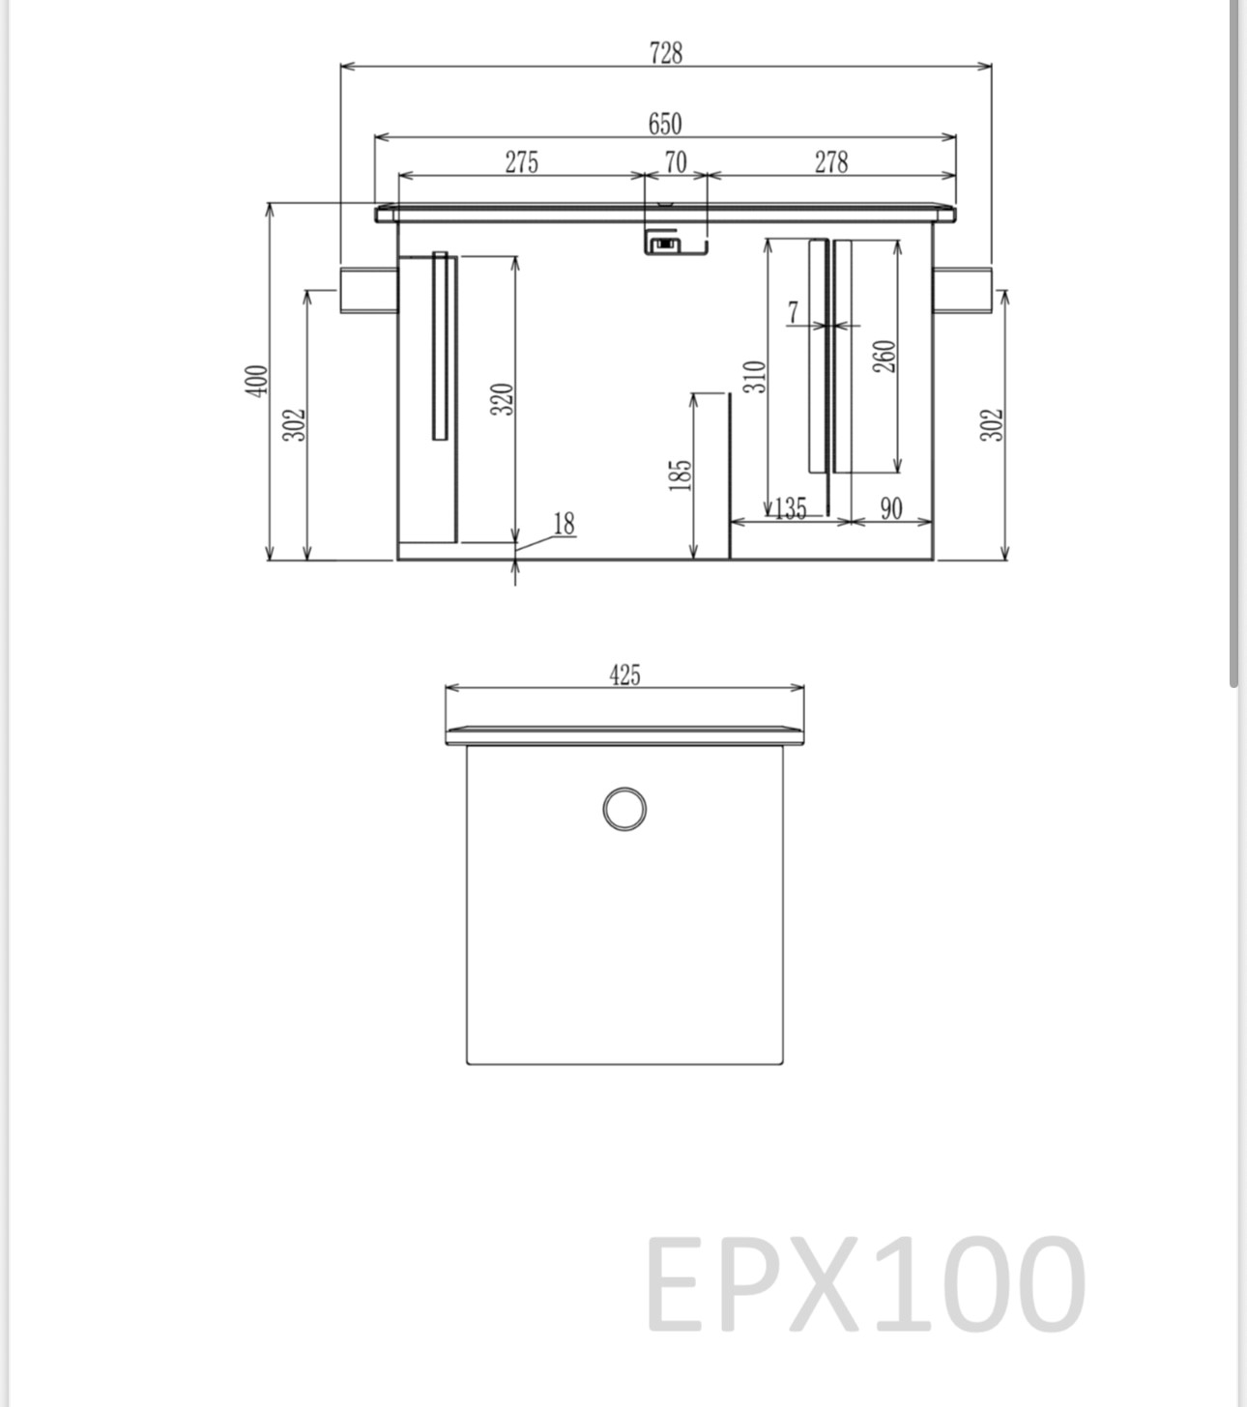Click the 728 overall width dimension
(666, 53)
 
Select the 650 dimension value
(665, 125)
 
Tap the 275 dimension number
(521, 162)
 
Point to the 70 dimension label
(676, 162)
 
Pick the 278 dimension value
(831, 162)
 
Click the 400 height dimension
(256, 380)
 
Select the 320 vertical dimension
(502, 398)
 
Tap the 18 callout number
(564, 524)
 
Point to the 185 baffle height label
(681, 474)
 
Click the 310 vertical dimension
(755, 376)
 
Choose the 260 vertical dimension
(885, 356)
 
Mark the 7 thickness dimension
(794, 312)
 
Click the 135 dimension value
(791, 508)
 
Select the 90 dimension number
(891, 508)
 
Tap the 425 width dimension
(624, 675)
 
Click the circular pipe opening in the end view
(624, 809)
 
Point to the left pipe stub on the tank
(368, 290)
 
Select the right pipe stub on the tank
(963, 290)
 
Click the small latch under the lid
(663, 243)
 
